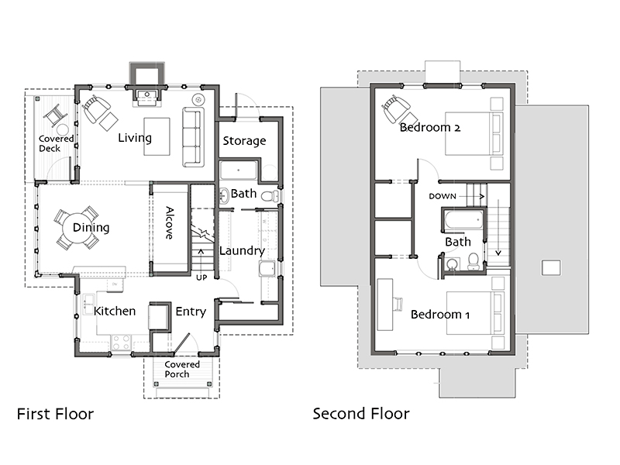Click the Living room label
pos(135,138)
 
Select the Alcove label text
pos(169,222)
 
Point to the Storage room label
pos(244,141)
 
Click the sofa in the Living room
pos(193,137)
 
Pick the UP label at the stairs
pos(201,277)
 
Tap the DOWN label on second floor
pos(443,197)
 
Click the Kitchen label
pos(115,312)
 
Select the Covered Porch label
pos(182,370)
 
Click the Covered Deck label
pos(56,143)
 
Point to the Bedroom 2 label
pos(430,127)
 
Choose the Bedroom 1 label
pos(440,315)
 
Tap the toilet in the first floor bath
pos(270,196)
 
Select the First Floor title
pos(55,414)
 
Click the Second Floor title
pos(361,414)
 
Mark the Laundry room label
pos(242,250)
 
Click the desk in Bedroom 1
pos(385,305)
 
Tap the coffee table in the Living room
pos(157,136)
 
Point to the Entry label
pos(191,312)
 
